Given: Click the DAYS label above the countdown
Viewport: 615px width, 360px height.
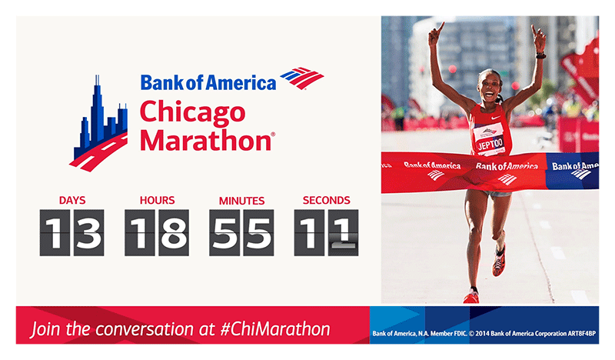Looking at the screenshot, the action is click(72, 200).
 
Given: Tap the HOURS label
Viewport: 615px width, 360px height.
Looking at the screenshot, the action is click(157, 200).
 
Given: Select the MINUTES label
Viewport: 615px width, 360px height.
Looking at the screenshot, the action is click(241, 201).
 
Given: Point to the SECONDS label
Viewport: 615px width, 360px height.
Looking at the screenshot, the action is click(326, 200).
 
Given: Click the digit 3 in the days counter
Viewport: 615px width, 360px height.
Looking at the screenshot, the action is click(88, 233).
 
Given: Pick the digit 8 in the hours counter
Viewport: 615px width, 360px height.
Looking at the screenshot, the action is click(174, 233).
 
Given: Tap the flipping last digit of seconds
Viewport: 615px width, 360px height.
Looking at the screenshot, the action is click(343, 233).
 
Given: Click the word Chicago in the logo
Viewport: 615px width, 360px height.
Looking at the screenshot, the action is click(193, 112).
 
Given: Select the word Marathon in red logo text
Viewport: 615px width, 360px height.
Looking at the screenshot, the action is click(206, 140).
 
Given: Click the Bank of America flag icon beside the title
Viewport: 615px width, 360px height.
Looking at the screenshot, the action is click(302, 78).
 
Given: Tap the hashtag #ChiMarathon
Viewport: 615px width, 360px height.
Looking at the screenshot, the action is click(275, 329).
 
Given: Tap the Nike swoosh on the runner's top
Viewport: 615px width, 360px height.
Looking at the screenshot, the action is click(496, 117).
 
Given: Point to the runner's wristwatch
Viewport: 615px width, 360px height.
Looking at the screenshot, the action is click(541, 55).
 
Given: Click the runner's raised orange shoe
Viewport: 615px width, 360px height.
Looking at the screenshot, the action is click(499, 260).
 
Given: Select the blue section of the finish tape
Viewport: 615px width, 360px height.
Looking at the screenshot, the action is click(573, 172).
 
